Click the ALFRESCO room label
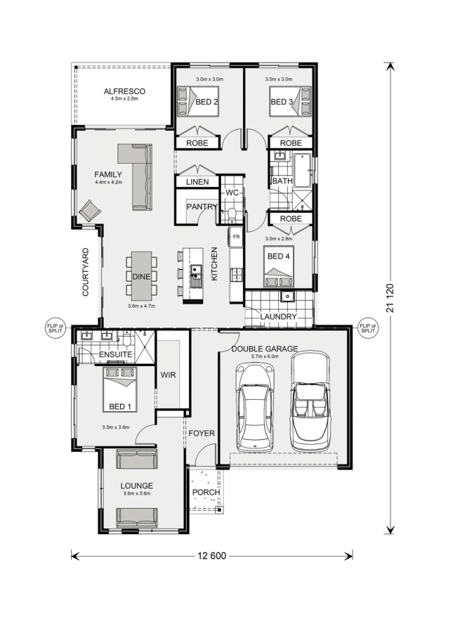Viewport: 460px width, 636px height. (124, 91)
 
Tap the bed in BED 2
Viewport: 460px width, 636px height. (198, 102)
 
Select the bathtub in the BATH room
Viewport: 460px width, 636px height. (301, 170)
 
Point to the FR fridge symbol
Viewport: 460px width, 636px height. (236, 237)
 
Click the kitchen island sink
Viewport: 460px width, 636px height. (196, 275)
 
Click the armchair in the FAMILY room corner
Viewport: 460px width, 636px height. (90, 211)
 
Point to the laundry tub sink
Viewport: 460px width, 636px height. (287, 297)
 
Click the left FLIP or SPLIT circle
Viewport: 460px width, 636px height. (55, 327)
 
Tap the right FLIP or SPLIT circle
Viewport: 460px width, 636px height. (368, 327)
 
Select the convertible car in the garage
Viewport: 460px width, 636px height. (310, 401)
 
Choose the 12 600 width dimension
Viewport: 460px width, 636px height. (211, 556)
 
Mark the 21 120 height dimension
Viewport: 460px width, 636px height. (390, 298)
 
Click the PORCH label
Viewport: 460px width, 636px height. (206, 492)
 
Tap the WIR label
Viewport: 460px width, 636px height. (168, 375)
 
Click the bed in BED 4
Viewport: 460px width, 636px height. (279, 266)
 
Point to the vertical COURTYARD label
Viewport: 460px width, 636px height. (86, 272)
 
